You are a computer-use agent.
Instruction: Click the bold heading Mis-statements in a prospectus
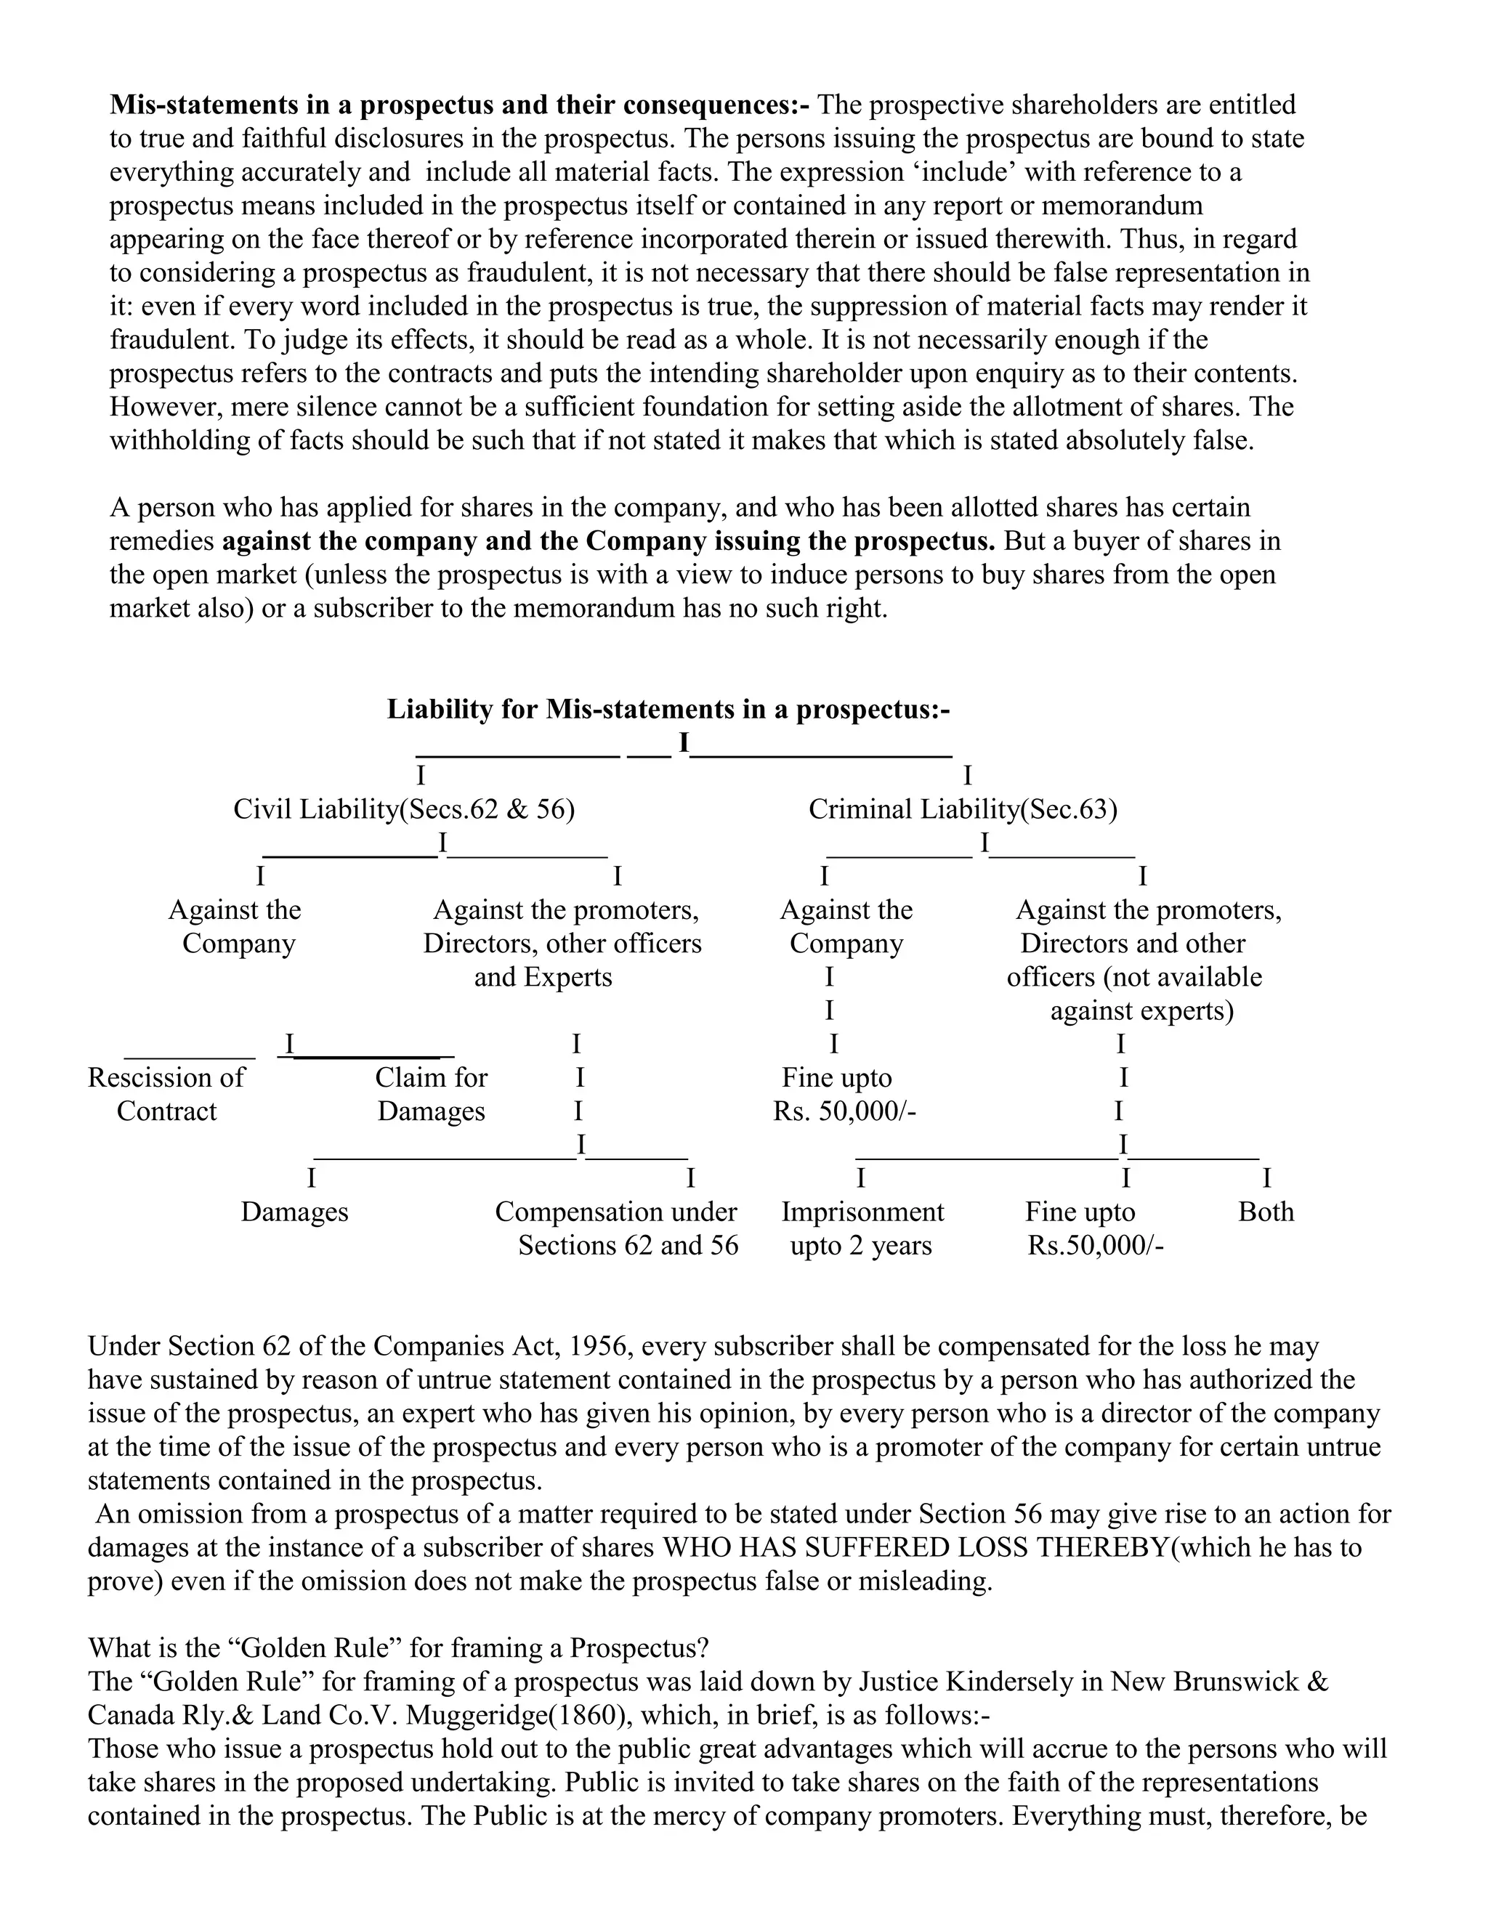click(458, 105)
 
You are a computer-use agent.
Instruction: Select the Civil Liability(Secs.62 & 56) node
click(404, 809)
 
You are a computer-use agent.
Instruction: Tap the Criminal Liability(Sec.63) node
click(963, 809)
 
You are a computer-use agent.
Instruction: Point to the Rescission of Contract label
click(166, 1094)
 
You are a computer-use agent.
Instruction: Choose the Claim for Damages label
click(431, 1094)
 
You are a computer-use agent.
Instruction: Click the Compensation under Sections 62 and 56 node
click(617, 1228)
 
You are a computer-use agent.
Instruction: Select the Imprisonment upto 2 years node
click(862, 1228)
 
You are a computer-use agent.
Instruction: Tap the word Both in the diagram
click(1266, 1211)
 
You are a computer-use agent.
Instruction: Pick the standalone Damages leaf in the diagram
click(294, 1211)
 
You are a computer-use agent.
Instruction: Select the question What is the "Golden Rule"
click(398, 1648)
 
